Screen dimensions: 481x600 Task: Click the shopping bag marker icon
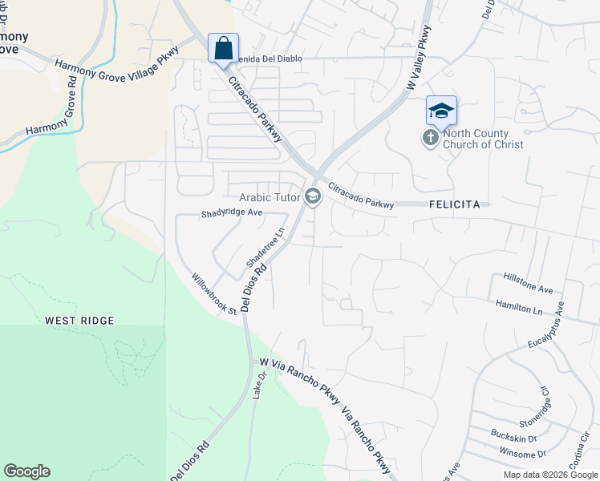(x=223, y=47)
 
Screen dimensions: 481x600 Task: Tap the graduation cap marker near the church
(x=441, y=111)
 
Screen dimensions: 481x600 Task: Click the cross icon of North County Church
(x=431, y=138)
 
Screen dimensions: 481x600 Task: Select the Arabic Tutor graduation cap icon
(x=312, y=196)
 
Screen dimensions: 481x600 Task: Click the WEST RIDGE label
(x=79, y=321)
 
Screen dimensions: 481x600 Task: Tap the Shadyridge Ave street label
(x=232, y=213)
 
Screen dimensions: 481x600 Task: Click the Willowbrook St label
(x=214, y=294)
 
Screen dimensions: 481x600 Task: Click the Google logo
(x=26, y=471)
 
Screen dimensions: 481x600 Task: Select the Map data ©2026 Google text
(x=549, y=475)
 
